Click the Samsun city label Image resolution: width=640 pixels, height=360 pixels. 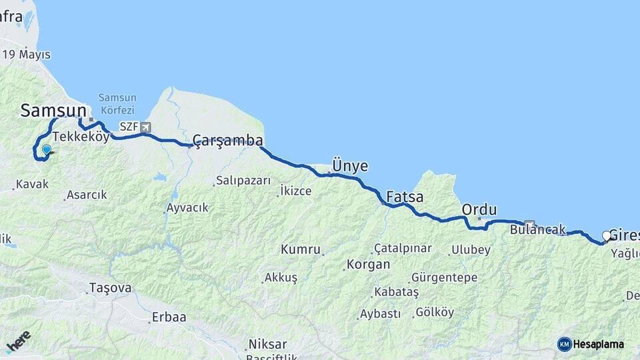point(53,111)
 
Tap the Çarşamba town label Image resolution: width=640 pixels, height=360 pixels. point(227,141)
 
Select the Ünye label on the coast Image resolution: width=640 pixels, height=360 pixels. point(350,167)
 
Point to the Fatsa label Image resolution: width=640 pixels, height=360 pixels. point(405,197)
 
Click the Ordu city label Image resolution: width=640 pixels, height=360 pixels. point(479,210)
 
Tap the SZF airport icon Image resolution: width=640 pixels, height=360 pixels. point(146,127)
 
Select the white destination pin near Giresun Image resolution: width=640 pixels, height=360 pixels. point(607,236)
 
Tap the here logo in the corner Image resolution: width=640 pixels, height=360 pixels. point(18,341)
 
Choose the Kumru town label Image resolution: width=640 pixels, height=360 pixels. point(300,249)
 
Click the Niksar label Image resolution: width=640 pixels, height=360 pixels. point(267,344)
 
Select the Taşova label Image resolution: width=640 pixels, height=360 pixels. point(110,289)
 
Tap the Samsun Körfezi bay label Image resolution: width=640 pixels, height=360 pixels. point(117,103)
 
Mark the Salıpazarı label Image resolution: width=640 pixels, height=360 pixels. point(243,181)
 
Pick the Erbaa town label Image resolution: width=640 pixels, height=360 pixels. point(169,317)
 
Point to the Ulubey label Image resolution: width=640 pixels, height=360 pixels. point(471,250)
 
